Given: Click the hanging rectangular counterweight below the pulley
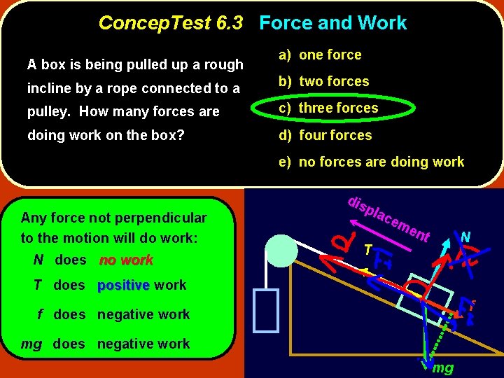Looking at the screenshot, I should click(267, 308).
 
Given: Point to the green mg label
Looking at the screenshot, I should click(442, 367).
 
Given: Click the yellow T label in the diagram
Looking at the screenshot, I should click(368, 249).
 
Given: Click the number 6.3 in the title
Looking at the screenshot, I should click(230, 23).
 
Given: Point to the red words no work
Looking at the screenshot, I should click(126, 260).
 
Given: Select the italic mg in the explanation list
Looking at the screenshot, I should click(31, 344).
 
